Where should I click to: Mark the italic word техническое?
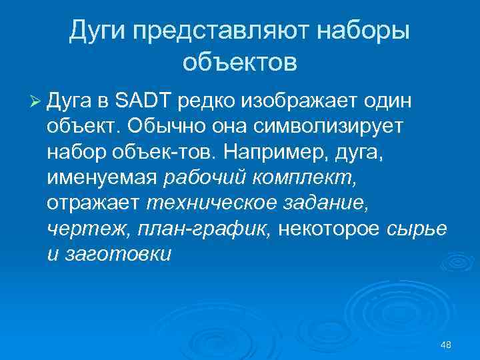coord(207,203)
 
